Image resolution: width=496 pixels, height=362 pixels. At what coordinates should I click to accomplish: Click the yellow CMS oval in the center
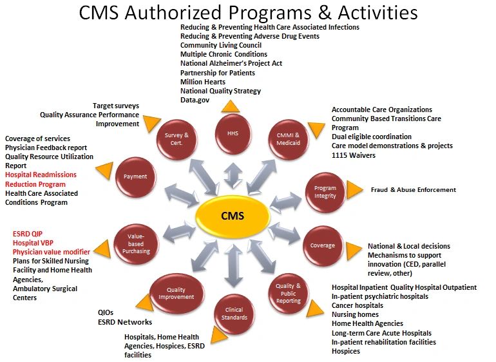coord(232,216)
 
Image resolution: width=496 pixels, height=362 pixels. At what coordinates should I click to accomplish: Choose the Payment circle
coord(136,176)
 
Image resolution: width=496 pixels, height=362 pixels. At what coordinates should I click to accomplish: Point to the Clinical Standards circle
coord(234,314)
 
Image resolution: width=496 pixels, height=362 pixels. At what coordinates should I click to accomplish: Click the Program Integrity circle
coord(325,192)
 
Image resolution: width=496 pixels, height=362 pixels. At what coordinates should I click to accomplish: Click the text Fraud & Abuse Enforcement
coord(413,190)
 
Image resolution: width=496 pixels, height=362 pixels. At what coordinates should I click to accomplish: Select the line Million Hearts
coord(203,82)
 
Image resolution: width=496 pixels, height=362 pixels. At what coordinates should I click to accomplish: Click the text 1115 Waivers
coord(353,155)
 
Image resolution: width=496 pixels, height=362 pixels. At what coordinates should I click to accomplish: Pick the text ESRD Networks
coord(125,321)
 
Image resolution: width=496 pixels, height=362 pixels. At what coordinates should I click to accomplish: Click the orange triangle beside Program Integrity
coord(354,189)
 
